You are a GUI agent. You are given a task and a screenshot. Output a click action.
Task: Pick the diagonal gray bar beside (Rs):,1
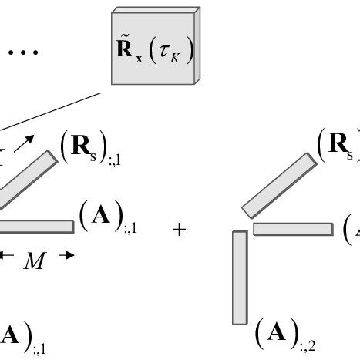click(27, 181)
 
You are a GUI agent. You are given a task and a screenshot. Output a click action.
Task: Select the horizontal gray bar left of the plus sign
click(39, 227)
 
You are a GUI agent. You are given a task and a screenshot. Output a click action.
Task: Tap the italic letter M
click(33, 262)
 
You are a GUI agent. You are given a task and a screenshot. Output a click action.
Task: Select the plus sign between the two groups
click(179, 230)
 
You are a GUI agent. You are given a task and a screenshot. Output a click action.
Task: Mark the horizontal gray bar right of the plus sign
click(292, 229)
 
